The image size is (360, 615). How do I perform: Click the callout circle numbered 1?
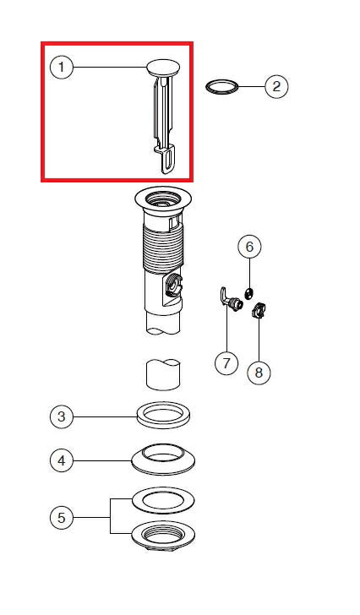[x=61, y=67]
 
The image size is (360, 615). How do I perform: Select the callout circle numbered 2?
[x=276, y=86]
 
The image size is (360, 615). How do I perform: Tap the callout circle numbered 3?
[x=62, y=416]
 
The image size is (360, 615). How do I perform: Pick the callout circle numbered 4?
[x=62, y=460]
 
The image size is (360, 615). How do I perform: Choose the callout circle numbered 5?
[x=62, y=518]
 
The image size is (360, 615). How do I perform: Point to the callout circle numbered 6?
[x=249, y=247]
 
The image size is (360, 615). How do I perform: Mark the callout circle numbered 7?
[x=226, y=362]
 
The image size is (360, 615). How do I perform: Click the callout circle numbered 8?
[x=259, y=373]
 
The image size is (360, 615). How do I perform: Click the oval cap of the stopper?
[x=164, y=68]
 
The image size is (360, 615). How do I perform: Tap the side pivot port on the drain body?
[x=172, y=286]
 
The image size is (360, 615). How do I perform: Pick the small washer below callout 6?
[x=248, y=293]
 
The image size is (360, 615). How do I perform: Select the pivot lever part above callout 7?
[x=230, y=299]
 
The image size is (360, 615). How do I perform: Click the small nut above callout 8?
[x=258, y=311]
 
